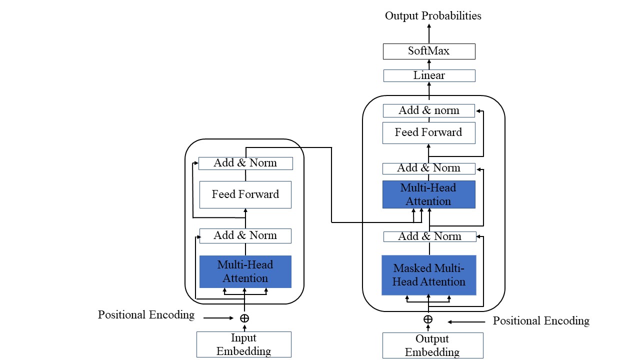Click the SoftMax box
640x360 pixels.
pyautogui.click(x=429, y=51)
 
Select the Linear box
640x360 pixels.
pyautogui.click(x=429, y=75)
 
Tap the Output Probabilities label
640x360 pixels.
pyautogui.click(x=433, y=15)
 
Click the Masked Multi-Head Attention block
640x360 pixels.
pyautogui.click(x=428, y=275)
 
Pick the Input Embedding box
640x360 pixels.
pyautogui.click(x=243, y=344)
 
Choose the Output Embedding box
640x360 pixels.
pyautogui.click(x=432, y=345)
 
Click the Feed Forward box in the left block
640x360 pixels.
pyautogui.click(x=245, y=194)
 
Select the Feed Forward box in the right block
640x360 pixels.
pyautogui.click(x=428, y=132)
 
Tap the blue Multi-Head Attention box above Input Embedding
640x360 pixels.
pyautogui.click(x=245, y=271)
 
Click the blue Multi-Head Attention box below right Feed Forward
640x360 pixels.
pyautogui.click(x=428, y=194)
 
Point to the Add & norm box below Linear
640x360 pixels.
pyautogui.click(x=428, y=110)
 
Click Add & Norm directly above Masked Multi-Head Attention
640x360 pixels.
pyautogui.click(x=429, y=236)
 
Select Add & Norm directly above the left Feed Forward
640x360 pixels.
pyautogui.click(x=245, y=163)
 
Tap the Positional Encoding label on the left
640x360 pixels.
pyautogui.click(x=146, y=315)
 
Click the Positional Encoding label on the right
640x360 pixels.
pyautogui.click(x=541, y=320)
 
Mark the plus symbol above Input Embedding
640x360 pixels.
pyautogui.click(x=244, y=318)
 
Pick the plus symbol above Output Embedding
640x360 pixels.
pyautogui.click(x=428, y=319)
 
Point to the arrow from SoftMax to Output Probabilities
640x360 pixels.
pyautogui.click(x=429, y=34)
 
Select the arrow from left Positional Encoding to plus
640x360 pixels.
pyautogui.click(x=218, y=318)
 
